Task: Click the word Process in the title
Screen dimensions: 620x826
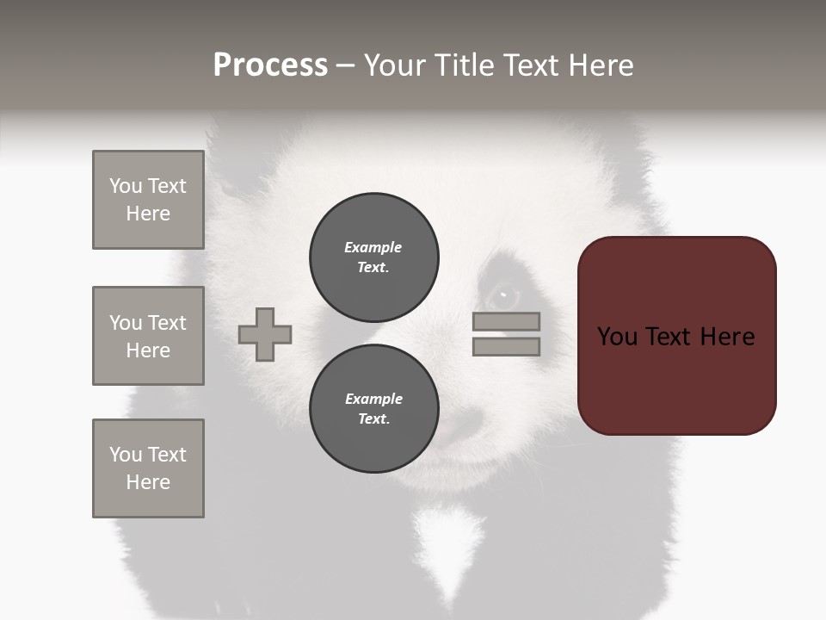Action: [x=270, y=65]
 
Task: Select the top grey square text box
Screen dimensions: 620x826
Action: [x=148, y=200]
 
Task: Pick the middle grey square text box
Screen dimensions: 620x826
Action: [x=148, y=336]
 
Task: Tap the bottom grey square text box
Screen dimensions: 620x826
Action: [x=148, y=468]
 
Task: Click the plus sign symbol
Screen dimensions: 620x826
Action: [x=265, y=334]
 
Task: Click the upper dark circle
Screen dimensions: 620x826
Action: [x=374, y=257]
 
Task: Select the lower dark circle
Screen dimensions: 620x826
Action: [x=374, y=409]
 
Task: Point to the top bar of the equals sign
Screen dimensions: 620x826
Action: [x=506, y=321]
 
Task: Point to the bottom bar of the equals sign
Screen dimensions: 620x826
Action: [x=506, y=346]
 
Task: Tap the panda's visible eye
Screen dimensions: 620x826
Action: [x=503, y=297]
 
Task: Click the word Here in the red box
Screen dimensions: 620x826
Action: [x=727, y=337]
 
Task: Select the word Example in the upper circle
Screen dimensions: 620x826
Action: [x=373, y=247]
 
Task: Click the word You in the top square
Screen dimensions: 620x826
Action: [x=126, y=186]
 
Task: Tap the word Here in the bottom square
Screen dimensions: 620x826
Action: [x=148, y=482]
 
